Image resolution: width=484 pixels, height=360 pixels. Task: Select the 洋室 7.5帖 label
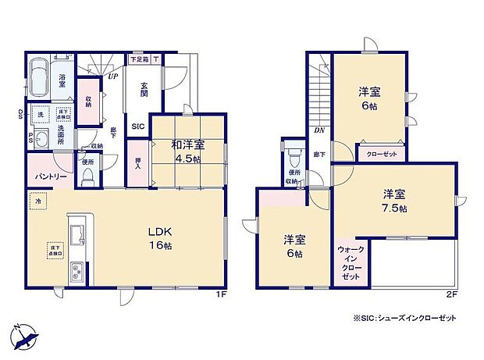click(393, 201)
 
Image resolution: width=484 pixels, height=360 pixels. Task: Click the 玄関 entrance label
click(144, 90)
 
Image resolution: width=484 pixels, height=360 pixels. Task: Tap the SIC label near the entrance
click(137, 126)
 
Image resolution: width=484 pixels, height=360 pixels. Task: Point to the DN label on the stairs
click(319, 130)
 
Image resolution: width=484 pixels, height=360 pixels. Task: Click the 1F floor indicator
click(221, 295)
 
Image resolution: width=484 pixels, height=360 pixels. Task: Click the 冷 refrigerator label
click(37, 202)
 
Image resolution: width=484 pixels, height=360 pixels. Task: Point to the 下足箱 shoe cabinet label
click(140, 59)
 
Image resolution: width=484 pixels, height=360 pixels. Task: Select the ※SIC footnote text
click(404, 319)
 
